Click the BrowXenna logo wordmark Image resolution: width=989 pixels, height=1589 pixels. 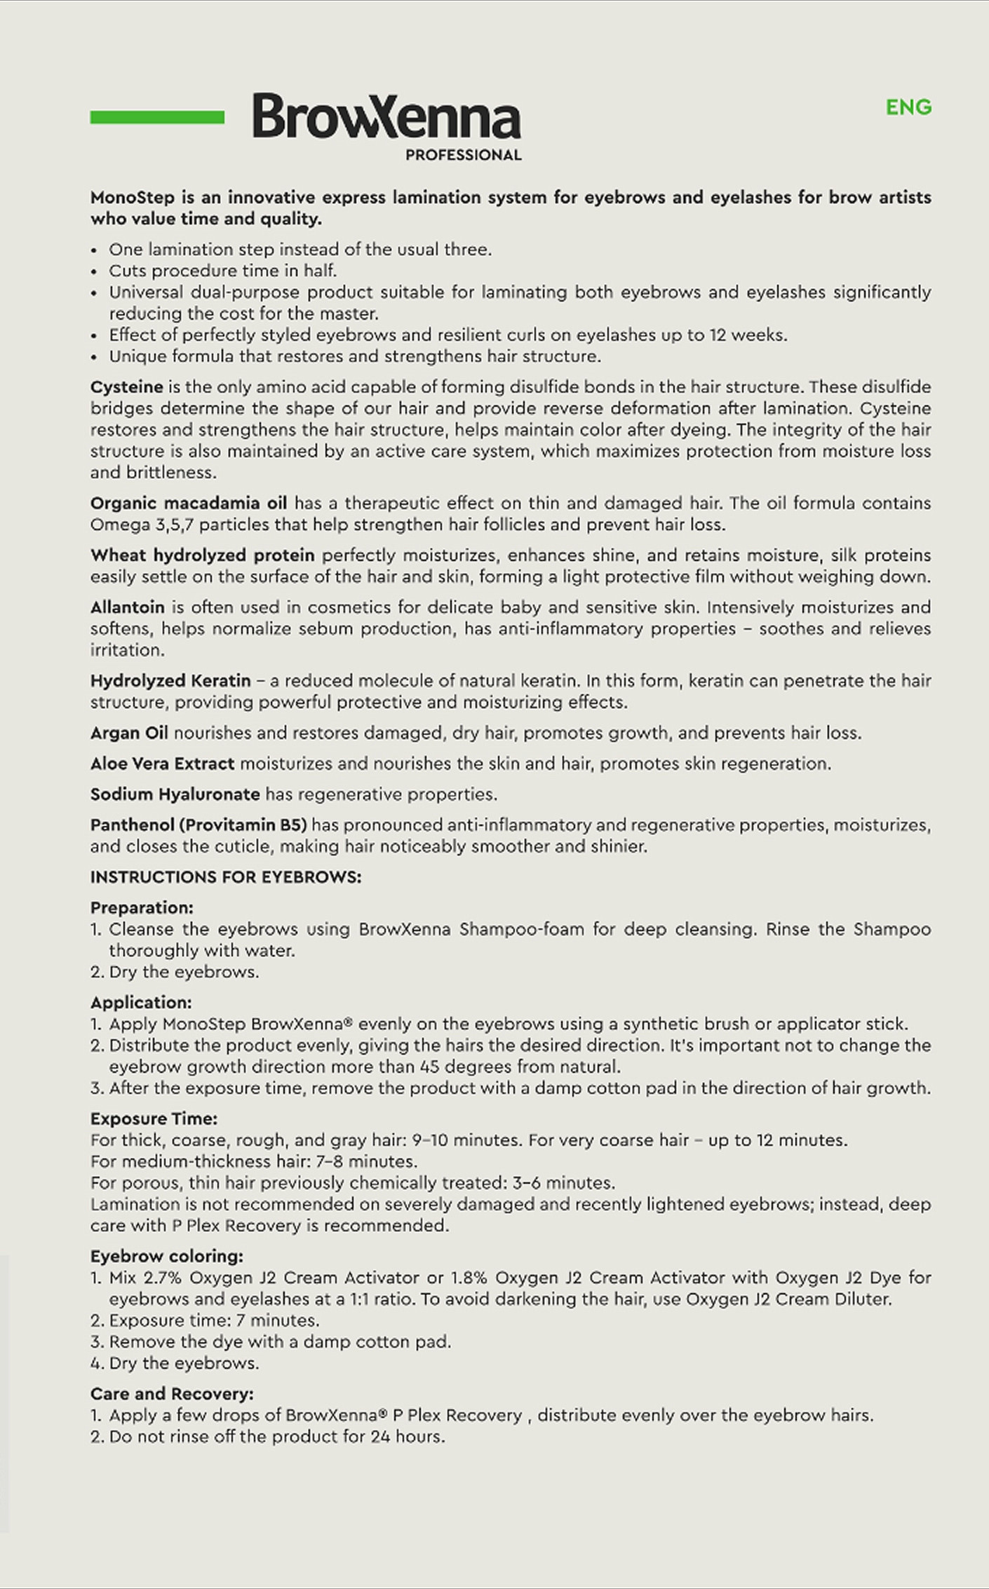[386, 116]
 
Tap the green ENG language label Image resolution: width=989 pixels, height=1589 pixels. [908, 107]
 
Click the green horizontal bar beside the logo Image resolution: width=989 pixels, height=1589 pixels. [157, 117]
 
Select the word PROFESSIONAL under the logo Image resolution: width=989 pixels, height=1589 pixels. [464, 155]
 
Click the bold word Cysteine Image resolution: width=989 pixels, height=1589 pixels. [126, 387]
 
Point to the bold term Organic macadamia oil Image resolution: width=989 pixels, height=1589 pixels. [188, 503]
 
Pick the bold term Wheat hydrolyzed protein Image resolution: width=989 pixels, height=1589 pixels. [202, 555]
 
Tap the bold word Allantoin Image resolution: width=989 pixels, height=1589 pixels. [127, 607]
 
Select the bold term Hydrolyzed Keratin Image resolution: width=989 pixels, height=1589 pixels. [170, 680]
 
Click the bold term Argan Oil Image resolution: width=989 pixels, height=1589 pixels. [129, 733]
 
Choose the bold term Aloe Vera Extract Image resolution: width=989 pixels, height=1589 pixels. [162, 764]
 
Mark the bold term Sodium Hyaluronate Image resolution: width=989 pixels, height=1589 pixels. [175, 795]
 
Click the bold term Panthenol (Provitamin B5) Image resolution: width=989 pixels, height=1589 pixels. [199, 825]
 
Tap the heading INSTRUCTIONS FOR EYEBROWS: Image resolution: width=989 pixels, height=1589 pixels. [226, 877]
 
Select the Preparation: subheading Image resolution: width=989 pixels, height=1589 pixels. [142, 908]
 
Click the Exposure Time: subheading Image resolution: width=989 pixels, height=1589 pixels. [154, 1119]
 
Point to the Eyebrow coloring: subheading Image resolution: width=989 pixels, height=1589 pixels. [167, 1256]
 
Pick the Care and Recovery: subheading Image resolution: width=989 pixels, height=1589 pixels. [172, 1393]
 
